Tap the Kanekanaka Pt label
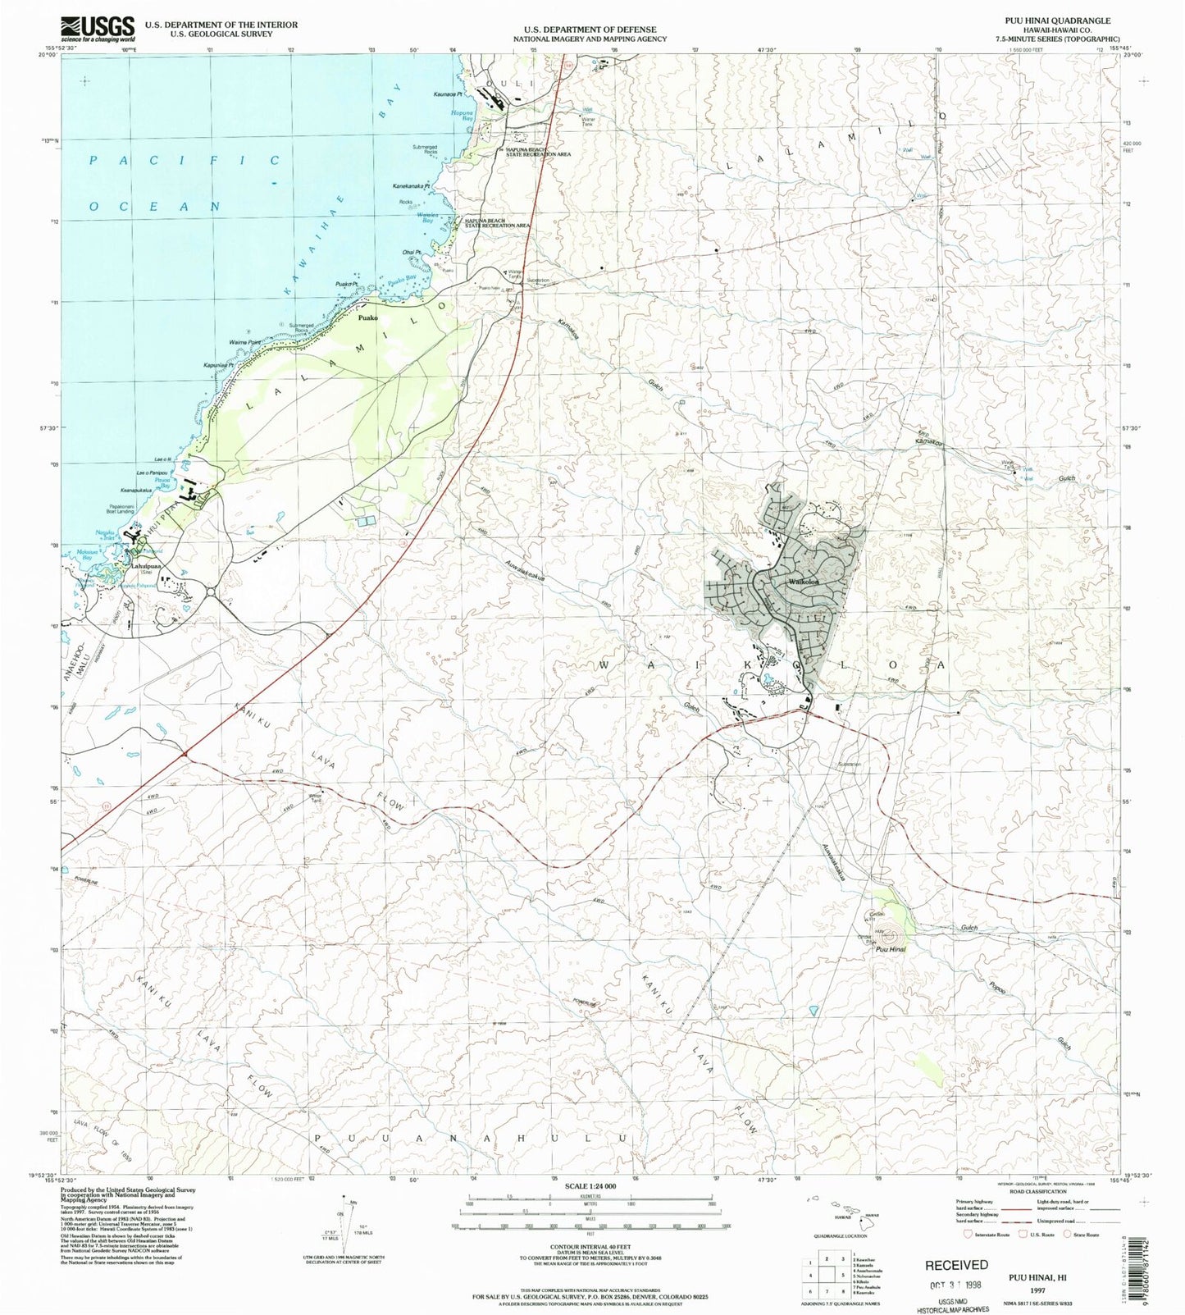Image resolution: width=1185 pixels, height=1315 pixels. coord(411,186)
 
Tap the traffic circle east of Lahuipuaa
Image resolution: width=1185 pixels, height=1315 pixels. coord(211,591)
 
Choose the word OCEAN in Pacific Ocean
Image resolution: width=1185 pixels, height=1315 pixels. coord(155,207)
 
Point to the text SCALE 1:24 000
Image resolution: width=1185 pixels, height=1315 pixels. coord(590,1186)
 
